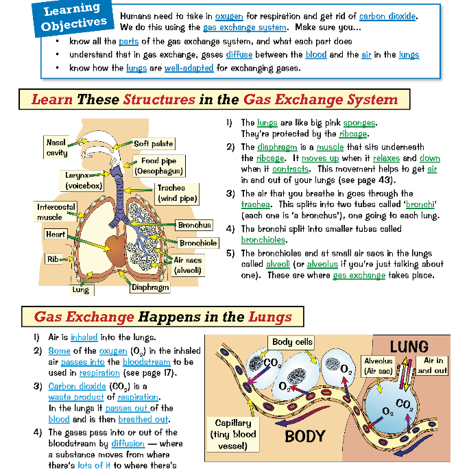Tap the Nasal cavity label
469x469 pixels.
[x=56, y=147]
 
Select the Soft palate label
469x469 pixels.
[x=153, y=144]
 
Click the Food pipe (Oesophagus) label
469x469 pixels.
[x=158, y=166]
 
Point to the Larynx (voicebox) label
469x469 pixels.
[x=82, y=180]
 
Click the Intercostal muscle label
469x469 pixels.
[x=49, y=212]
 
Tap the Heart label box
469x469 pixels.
[x=56, y=234]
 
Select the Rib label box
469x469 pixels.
[x=52, y=259]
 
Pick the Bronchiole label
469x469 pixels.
[x=199, y=243]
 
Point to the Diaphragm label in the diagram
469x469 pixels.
[x=150, y=288]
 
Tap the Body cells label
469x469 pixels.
[x=292, y=342]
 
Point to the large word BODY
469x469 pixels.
[x=305, y=436]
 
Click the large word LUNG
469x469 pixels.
[x=409, y=346]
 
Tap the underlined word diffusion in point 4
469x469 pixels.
[x=128, y=444]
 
